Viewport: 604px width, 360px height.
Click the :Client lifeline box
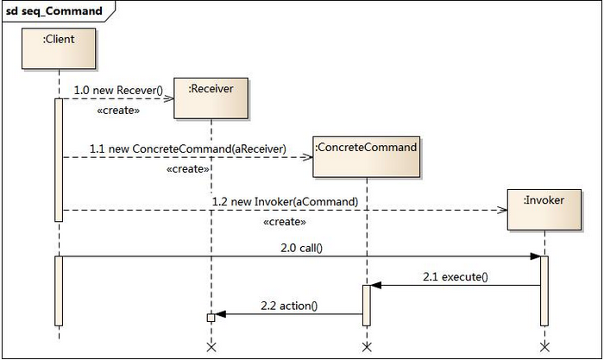(59, 48)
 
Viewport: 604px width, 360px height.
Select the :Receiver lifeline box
(211, 98)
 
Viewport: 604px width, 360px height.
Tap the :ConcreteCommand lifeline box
(367, 157)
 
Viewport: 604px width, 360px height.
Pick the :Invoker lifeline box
(544, 210)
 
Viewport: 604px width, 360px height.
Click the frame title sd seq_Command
(54, 11)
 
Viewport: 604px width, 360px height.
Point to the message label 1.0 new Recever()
(118, 90)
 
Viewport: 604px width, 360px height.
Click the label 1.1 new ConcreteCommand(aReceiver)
(188, 148)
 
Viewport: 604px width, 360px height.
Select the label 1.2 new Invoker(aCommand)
(285, 202)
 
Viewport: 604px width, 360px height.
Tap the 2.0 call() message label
(302, 248)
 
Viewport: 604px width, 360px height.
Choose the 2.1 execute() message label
(456, 277)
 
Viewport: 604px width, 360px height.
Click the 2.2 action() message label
(289, 306)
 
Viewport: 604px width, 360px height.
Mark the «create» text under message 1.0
(118, 111)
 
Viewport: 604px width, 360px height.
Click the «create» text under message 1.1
(188, 169)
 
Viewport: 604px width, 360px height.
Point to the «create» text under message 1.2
(285, 222)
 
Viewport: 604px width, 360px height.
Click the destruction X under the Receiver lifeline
(211, 347)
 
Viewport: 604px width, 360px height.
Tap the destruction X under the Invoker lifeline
(544, 347)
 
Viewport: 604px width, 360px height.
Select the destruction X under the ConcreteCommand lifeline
(367, 347)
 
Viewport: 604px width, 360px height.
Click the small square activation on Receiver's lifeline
(211, 318)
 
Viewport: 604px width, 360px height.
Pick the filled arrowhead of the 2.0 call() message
(536, 256)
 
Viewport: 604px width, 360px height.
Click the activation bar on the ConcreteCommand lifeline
(367, 306)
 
